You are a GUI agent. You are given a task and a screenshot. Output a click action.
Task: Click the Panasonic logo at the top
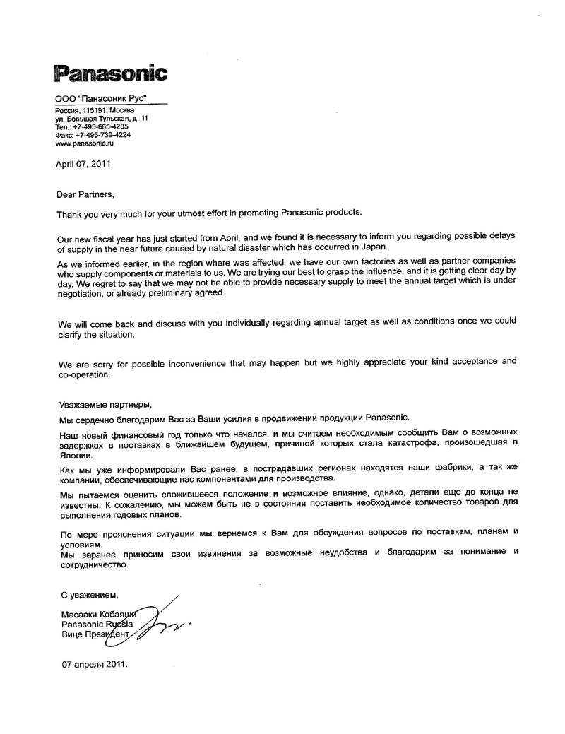pyautogui.click(x=111, y=73)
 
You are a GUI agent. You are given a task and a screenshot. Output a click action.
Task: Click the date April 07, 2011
pyautogui.click(x=83, y=164)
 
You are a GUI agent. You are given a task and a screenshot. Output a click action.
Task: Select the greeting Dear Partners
pyautogui.click(x=84, y=193)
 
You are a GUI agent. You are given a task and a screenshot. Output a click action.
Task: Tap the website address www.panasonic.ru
pyautogui.click(x=84, y=143)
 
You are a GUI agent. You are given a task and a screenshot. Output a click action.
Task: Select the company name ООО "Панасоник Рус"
pyautogui.click(x=101, y=102)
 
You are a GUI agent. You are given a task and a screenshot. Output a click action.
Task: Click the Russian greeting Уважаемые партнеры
pyautogui.click(x=104, y=405)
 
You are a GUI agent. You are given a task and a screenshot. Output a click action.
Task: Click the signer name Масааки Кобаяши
pyautogui.click(x=98, y=615)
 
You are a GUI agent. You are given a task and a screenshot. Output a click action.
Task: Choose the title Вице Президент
pyautogui.click(x=96, y=635)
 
